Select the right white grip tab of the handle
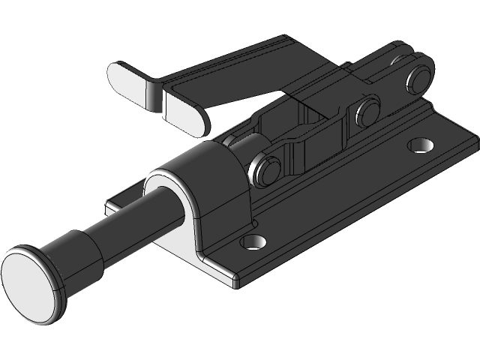pos(184,112)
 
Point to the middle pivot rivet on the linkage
pos(368,112)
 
